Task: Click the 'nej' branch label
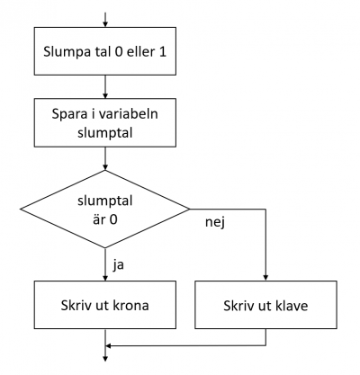(215, 222)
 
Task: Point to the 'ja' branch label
(119, 265)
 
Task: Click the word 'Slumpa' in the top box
(67, 52)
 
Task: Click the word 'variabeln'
(131, 114)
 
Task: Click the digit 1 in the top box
(162, 52)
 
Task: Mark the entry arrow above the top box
(105, 20)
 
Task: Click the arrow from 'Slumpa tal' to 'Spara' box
(105, 87)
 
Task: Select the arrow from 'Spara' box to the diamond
(105, 158)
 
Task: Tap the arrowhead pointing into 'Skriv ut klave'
(265, 278)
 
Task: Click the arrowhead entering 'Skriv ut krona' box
(105, 278)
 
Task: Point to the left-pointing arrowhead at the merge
(108, 346)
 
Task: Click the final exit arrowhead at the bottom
(105, 359)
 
